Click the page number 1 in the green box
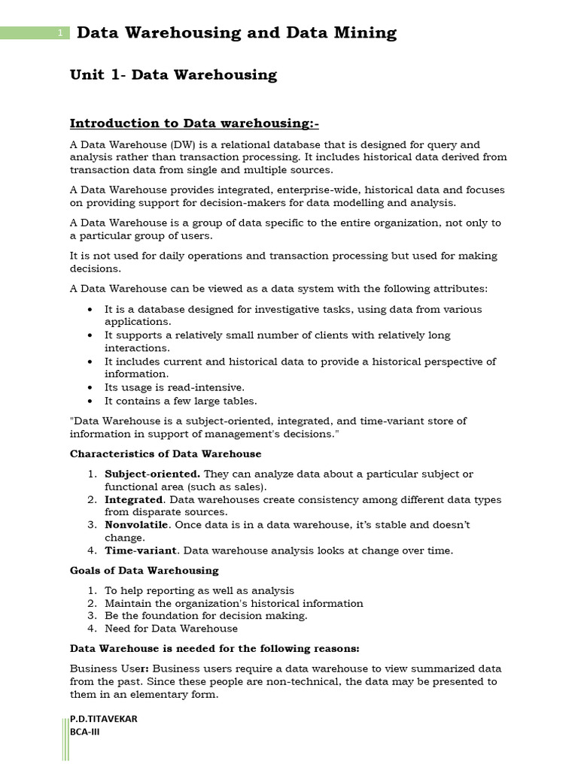pos(59,33)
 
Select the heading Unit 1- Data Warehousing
pos(173,75)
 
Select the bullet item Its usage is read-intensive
pos(174,387)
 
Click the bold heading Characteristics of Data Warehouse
pos(166,454)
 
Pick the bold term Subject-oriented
pos(152,474)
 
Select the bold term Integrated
pos(133,499)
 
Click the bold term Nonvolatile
pos(136,525)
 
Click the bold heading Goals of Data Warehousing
pos(144,571)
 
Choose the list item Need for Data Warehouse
pos(171,629)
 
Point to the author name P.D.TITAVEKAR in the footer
pos(103,719)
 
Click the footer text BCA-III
pos(84,732)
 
